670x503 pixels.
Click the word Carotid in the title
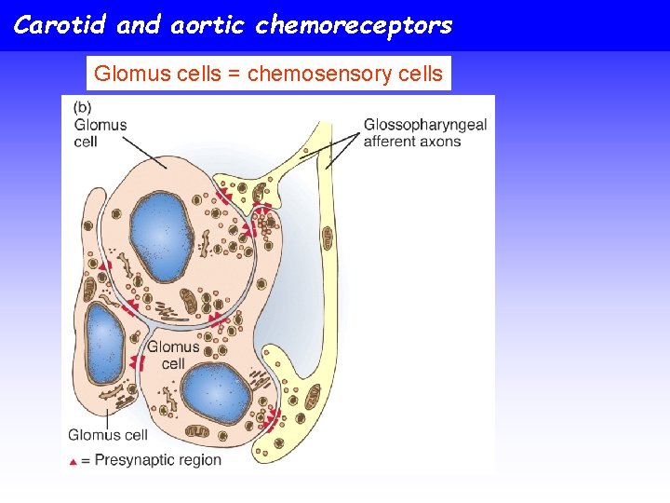[x=60, y=25]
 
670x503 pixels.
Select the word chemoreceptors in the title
[x=354, y=25]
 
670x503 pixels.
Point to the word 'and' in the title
[x=139, y=25]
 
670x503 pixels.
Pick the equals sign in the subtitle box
[x=232, y=74]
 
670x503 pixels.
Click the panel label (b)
[x=83, y=107]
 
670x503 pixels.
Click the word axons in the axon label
[x=439, y=142]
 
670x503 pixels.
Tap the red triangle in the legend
[x=73, y=461]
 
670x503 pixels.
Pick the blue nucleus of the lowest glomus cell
[x=216, y=392]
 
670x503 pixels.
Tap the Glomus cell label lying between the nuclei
[x=173, y=355]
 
